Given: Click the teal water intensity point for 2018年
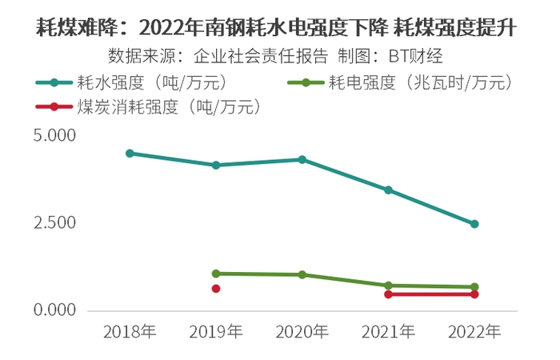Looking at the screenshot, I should [x=130, y=153].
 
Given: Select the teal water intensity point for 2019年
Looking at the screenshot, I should [x=216, y=165].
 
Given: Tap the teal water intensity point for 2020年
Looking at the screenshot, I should [x=302, y=159].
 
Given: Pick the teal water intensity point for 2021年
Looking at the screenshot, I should [x=388, y=190].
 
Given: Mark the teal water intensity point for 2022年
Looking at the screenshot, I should [x=474, y=224].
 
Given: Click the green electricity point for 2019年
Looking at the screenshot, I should [x=216, y=273].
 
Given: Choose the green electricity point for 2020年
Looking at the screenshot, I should [x=302, y=274].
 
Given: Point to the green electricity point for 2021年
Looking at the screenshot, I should [x=388, y=285].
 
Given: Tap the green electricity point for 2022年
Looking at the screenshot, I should [x=474, y=286].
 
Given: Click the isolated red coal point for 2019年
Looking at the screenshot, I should [x=216, y=288].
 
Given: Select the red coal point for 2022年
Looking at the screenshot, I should [x=474, y=294].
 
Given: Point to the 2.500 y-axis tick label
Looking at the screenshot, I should [x=53, y=223].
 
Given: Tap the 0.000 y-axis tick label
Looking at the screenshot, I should [x=53, y=310].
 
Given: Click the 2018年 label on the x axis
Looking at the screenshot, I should [x=130, y=331].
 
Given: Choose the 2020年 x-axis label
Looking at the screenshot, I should [x=302, y=331].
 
